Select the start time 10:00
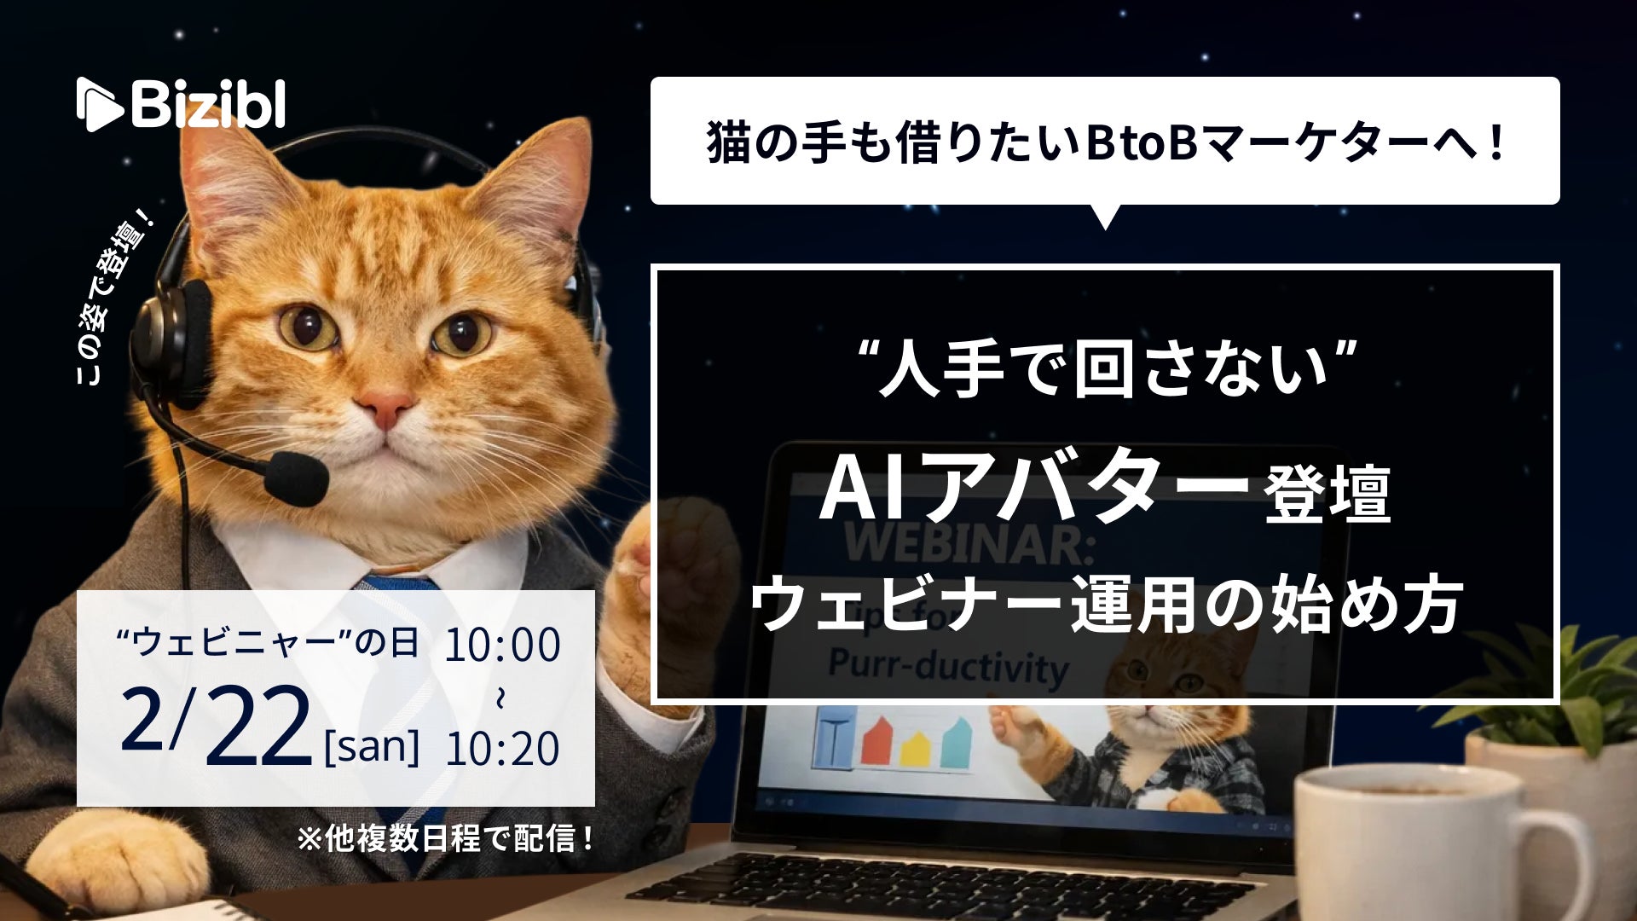pyautogui.click(x=502, y=645)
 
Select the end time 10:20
pyautogui.click(x=502, y=748)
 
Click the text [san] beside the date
pyautogui.click(x=373, y=746)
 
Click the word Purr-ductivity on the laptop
pyautogui.click(x=947, y=667)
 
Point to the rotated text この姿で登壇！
pyautogui.click(x=114, y=298)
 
